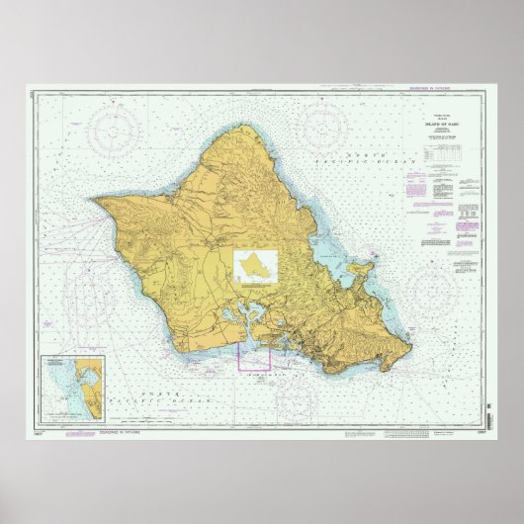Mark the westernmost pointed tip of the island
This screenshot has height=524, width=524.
(x=96, y=197)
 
